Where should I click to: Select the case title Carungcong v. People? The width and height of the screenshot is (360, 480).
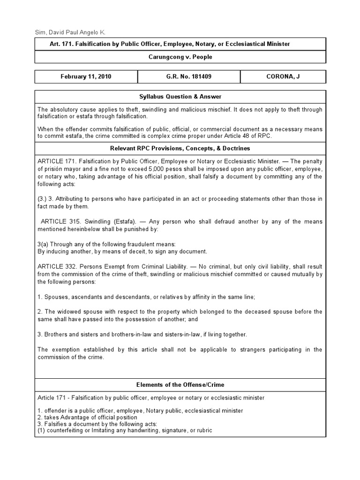180,57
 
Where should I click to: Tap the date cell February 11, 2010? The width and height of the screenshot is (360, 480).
86,77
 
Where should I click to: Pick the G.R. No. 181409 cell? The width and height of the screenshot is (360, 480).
188,77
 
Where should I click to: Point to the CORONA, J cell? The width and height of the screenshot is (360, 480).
283,77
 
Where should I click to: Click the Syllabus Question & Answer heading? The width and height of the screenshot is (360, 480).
180,97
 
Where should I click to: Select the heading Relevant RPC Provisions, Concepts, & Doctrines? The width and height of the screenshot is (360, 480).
180,148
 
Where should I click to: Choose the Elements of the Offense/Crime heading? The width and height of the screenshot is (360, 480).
180,384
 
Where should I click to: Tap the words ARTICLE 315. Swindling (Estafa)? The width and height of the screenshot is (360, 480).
82,221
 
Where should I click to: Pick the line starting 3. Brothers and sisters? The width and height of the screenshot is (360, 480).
142,334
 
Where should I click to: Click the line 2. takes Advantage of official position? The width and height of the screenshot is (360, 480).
87,417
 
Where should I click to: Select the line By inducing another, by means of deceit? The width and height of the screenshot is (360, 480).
122,251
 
